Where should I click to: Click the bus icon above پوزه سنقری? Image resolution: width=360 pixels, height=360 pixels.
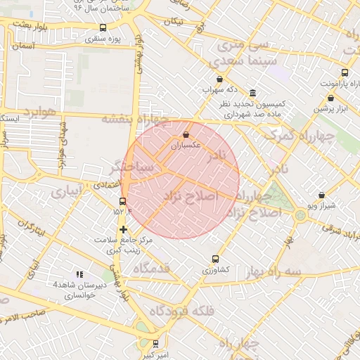103,28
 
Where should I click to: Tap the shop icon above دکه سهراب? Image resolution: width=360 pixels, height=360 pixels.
219,79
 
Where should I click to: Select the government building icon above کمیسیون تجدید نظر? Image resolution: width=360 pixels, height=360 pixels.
252,94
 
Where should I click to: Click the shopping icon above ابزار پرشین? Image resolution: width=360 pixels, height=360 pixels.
330,98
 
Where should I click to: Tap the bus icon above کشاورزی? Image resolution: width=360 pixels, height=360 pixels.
216,259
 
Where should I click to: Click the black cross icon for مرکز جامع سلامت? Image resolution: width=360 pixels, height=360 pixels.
123,229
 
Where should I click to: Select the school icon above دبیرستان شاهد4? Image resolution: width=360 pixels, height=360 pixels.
79,274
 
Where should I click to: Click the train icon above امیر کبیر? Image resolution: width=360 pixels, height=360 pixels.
154,343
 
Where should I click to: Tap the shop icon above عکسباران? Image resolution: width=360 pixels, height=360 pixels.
186,134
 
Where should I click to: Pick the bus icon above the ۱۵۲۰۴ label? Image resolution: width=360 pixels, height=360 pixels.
123,201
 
